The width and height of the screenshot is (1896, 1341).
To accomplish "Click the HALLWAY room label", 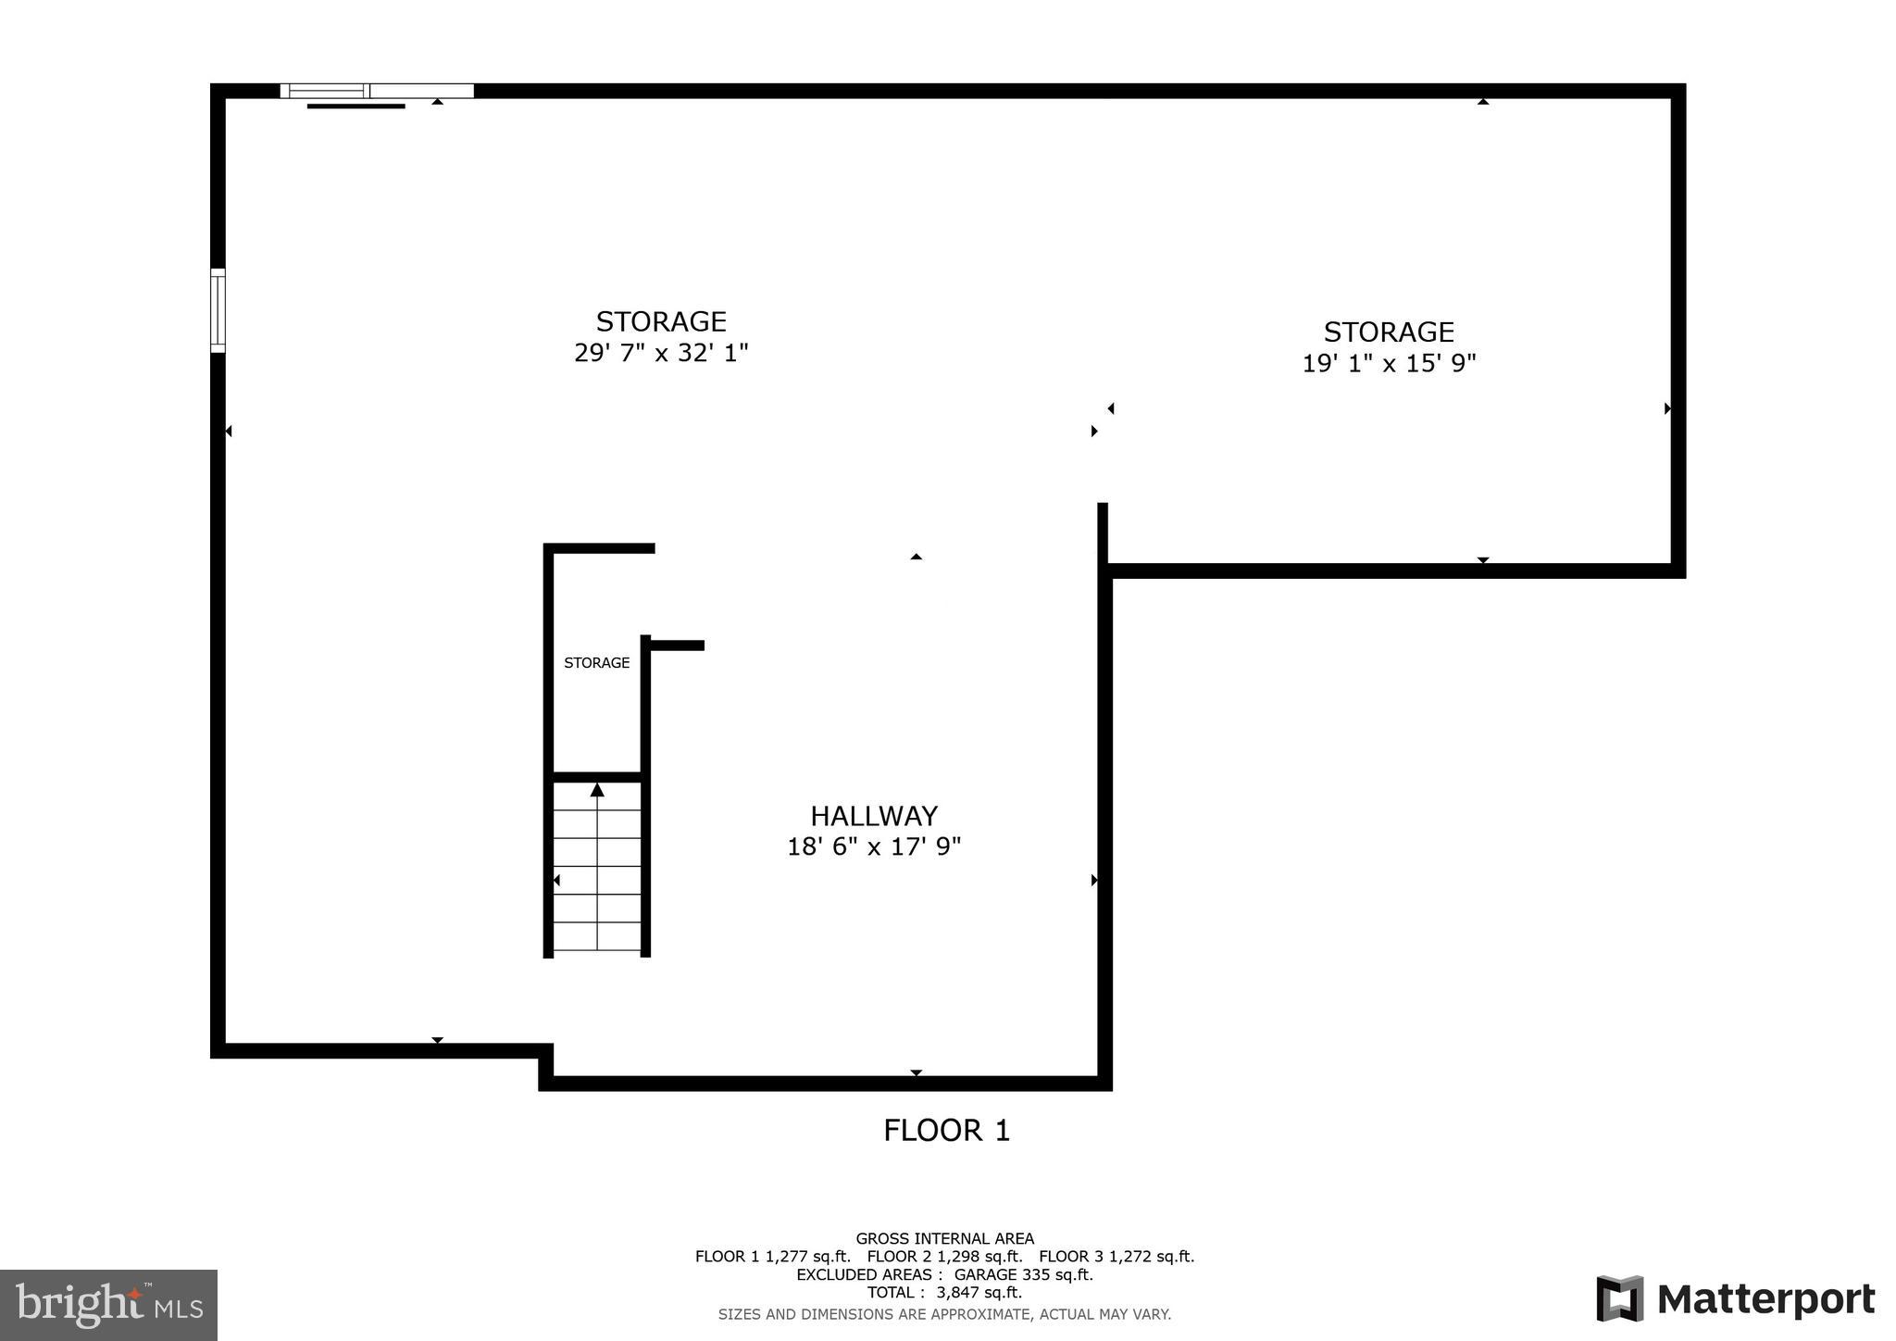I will point(874,816).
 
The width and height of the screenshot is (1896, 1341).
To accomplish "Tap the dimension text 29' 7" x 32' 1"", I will point(661,353).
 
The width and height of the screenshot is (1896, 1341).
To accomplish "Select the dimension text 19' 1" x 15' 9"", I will point(1389,363).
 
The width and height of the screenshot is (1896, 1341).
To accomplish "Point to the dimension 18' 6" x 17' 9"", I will point(874,846).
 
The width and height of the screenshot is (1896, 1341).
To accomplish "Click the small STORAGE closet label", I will point(596,663).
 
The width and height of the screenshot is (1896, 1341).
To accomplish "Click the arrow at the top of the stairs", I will point(597,790).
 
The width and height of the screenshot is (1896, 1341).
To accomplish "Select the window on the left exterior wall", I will point(218,310).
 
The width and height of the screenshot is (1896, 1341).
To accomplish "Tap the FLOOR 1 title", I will point(946,1131).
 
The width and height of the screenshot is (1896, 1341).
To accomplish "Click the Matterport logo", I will point(1736,1298).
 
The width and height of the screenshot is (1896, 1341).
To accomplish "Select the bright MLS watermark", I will point(108,1306).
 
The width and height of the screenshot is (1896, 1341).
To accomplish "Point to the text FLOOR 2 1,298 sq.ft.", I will point(944,1257).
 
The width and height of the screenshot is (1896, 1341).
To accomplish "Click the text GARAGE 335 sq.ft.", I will point(1023,1275).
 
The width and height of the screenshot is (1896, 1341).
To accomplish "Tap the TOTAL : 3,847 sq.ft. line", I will point(944,1293).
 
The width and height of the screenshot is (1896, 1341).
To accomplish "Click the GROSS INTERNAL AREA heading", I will point(944,1239).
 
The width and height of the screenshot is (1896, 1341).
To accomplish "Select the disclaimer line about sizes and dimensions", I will point(944,1314).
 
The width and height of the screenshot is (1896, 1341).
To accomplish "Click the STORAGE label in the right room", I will point(1389,332).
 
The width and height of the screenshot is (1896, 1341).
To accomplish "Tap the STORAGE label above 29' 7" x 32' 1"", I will point(661,321).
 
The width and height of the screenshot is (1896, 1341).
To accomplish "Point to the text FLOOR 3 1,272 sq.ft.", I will point(1116,1257).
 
